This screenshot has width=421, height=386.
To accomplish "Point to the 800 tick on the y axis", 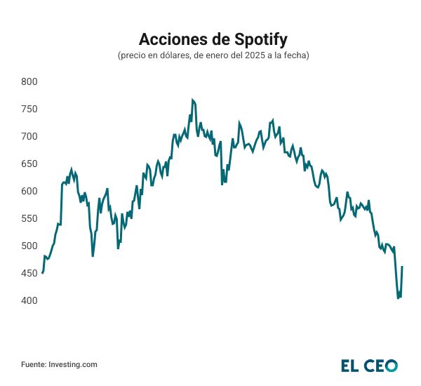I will pos(29,81).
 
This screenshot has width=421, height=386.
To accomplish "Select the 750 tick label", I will pos(29,109).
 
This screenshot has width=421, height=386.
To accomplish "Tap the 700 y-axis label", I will pos(29,136).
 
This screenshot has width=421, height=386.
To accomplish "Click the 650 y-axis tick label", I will pos(29,164).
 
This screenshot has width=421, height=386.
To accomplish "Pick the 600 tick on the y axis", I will pos(29,191).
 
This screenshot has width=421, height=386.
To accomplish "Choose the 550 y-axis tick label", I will pos(29,218).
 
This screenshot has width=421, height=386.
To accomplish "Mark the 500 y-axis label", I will pos(29,246).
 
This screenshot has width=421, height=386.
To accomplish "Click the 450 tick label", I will pos(29,273).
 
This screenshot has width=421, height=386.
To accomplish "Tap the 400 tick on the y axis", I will pos(29,300).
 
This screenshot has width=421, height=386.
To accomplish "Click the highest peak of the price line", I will pos(192,100).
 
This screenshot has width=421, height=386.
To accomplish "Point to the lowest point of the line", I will pos(398,298).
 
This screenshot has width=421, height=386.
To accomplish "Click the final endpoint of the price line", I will pos(402,267).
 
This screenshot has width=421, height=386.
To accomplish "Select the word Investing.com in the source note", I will pos(72,364).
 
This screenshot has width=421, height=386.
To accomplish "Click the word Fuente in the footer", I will pos(33,364).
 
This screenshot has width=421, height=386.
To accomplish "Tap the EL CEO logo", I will pos(369,365).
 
